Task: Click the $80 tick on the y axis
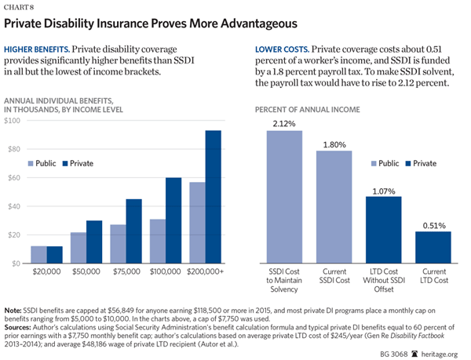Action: click(x=14, y=149)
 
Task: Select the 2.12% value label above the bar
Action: click(x=284, y=122)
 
